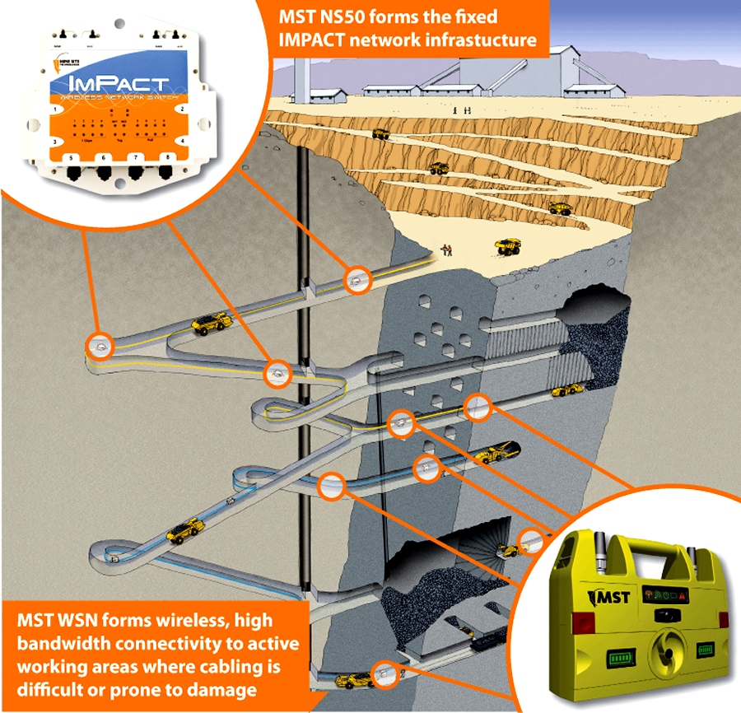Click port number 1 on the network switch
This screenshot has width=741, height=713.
click(x=56, y=109)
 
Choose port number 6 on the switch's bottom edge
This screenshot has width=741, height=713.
click(x=103, y=157)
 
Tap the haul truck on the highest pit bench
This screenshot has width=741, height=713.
click(x=380, y=133)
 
